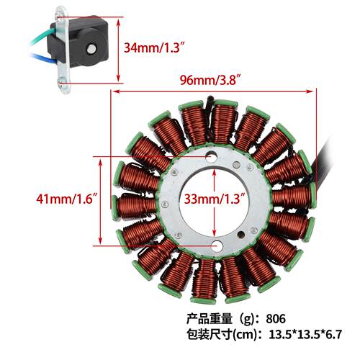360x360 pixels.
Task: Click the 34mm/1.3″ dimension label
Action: (x=156, y=48)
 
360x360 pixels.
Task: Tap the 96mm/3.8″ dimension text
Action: (x=210, y=79)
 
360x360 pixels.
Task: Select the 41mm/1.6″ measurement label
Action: (x=67, y=199)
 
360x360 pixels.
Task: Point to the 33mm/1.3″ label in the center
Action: (x=215, y=199)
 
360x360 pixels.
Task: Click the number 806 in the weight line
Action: (x=276, y=319)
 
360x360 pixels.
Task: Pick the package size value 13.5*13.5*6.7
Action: (x=305, y=334)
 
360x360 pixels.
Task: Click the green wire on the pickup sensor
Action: (x=42, y=40)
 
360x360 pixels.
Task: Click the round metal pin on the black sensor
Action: (x=91, y=49)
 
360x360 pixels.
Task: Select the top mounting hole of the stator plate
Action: (x=212, y=156)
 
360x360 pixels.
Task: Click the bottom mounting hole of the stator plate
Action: (x=217, y=246)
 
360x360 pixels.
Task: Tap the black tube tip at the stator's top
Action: (x=210, y=99)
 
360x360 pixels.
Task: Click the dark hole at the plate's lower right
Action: (x=241, y=235)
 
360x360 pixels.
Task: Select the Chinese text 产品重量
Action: (x=210, y=319)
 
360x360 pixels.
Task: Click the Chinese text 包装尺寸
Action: (x=210, y=334)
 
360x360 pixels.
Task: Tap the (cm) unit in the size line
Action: (x=245, y=335)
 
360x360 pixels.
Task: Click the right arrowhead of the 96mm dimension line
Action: (x=310, y=91)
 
